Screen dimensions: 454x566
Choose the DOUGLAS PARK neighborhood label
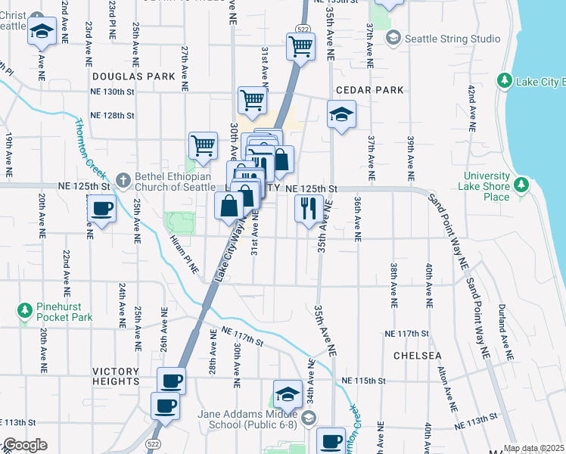pos(133,76)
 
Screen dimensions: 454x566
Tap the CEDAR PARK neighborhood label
pos(369,90)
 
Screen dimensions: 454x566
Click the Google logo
pos(24,445)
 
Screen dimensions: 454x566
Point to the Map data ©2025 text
pos(533,448)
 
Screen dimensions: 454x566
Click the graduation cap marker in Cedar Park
pos(341,114)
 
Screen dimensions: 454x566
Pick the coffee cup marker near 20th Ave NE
pos(101,208)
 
